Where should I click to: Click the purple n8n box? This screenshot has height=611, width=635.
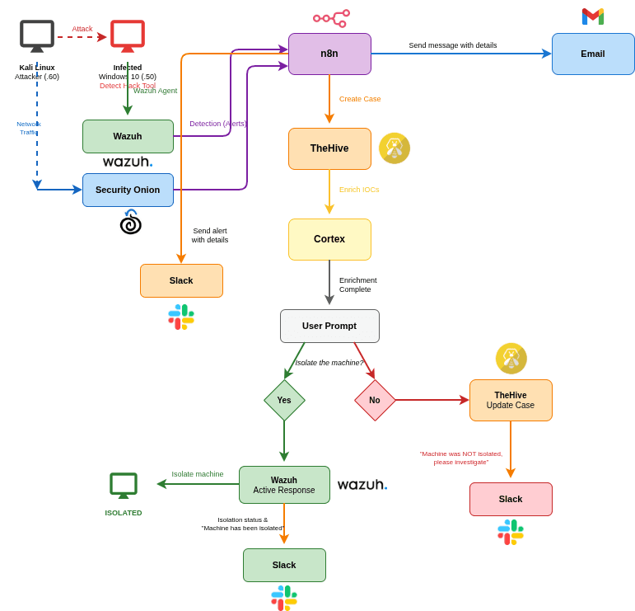tap(329, 54)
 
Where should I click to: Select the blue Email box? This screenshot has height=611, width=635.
tap(593, 54)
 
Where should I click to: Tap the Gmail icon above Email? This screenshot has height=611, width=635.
tap(593, 16)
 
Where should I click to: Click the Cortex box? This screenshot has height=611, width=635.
tap(329, 239)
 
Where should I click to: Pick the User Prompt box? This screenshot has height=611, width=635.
tap(329, 326)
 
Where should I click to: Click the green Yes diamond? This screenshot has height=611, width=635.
tap(284, 400)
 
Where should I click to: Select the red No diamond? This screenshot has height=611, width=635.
tap(375, 400)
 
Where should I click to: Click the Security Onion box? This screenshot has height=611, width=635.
tap(128, 190)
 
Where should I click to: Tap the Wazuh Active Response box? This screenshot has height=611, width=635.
tap(284, 485)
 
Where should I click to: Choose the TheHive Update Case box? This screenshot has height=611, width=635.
tap(511, 400)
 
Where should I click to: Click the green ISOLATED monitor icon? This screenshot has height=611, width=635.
tap(124, 485)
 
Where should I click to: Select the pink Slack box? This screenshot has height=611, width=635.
tap(511, 499)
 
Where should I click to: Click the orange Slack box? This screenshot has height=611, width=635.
tap(181, 280)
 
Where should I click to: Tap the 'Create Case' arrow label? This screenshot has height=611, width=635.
tap(360, 99)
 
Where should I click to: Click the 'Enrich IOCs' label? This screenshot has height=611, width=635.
tap(359, 190)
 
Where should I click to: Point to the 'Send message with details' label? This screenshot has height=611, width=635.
tap(452, 45)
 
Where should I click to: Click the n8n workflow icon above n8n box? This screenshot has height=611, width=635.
tap(331, 18)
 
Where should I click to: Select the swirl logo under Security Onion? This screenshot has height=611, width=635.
tap(130, 223)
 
